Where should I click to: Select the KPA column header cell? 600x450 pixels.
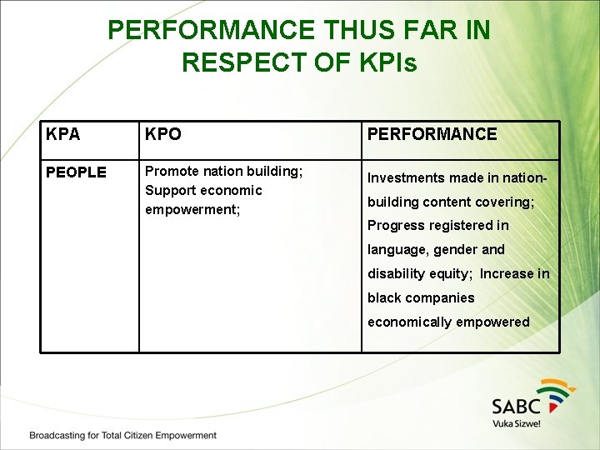63,134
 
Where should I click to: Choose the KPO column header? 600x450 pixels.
163,134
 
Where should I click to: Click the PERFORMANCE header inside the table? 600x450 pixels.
432,134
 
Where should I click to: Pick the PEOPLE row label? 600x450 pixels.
76,172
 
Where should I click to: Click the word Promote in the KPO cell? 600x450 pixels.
172,171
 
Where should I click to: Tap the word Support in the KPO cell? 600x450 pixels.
171,190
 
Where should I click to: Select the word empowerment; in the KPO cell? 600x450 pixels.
192,209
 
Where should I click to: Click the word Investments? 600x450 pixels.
406,177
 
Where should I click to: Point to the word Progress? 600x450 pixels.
396,225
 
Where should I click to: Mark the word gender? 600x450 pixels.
455,249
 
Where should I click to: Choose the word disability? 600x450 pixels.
395,273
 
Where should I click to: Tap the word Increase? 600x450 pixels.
507,273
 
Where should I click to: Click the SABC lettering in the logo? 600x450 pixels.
516,406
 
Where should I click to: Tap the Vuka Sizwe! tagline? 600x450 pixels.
517,423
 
